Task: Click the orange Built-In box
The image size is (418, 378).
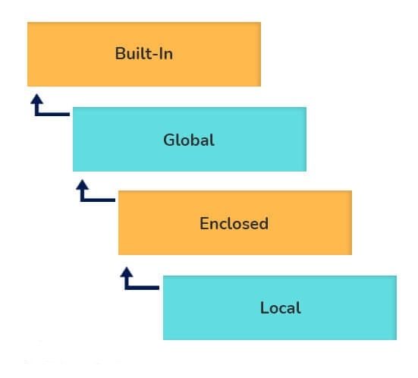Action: pos(144,55)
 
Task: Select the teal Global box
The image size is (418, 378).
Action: pos(190,140)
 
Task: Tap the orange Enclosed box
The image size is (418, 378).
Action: pos(235,223)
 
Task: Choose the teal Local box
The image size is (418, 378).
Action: pos(280,307)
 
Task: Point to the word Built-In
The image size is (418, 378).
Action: pos(144,55)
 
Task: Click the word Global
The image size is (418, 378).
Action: pos(189,140)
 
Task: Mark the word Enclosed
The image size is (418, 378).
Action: pos(234,223)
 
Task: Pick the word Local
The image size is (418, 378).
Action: pos(280,307)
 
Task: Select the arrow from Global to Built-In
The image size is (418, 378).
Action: pos(46,110)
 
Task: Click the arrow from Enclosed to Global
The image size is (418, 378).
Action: pos(93,195)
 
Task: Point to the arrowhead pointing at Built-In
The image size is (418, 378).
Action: pos(34,99)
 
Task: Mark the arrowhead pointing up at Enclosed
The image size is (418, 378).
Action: pos(127,269)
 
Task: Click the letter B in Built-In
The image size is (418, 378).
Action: pos(120,55)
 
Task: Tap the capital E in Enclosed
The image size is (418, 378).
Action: pos(204,223)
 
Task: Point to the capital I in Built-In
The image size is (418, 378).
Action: pos(161,55)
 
